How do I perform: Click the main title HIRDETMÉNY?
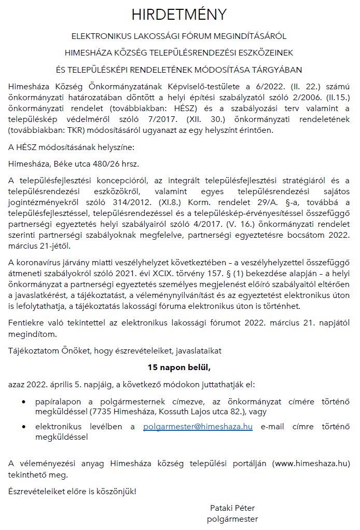pyautogui.click(x=179, y=15)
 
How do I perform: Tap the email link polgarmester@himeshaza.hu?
pyautogui.click(x=198, y=427)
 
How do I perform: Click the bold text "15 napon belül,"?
pyautogui.click(x=179, y=368)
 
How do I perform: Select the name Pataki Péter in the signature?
pyautogui.click(x=232, y=507)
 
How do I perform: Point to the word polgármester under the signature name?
pyautogui.click(x=232, y=518)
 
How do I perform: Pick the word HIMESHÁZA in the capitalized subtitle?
pyautogui.click(x=88, y=52)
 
